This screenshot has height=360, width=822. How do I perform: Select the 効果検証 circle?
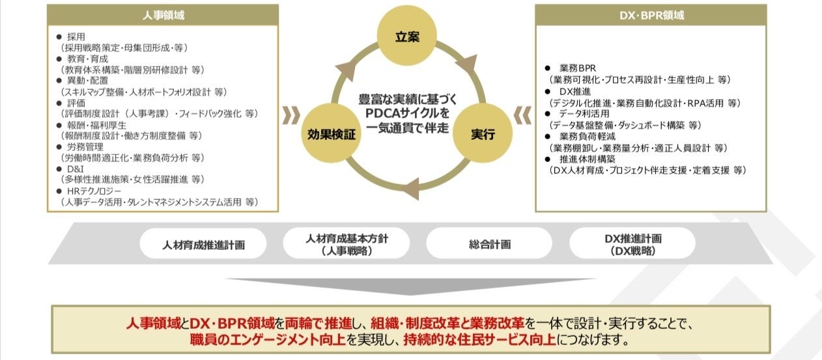[x=332, y=135]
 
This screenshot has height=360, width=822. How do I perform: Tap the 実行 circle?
[x=483, y=135]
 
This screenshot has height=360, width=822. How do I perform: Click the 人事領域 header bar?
[x=163, y=15]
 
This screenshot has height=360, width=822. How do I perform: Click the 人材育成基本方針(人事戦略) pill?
[x=347, y=245]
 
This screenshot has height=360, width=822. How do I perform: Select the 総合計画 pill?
[x=490, y=245]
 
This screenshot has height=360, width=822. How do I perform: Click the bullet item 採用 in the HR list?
[x=77, y=37]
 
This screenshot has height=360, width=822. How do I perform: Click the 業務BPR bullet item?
[x=577, y=68]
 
